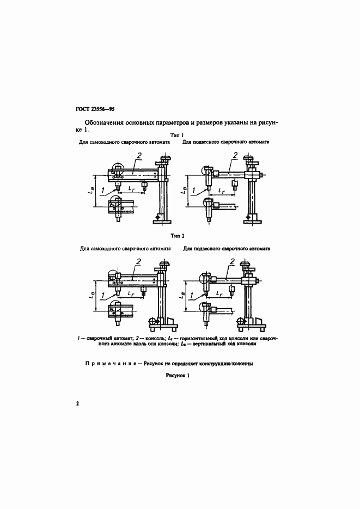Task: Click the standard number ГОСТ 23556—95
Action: pos(91,109)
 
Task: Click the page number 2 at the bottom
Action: pos(78,403)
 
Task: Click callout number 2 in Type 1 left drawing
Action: pos(139,156)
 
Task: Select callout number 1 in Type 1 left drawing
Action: pos(102,189)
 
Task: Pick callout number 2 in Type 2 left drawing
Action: pos(139,262)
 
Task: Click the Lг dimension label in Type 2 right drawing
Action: pos(219,293)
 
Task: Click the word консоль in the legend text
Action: pos(151,339)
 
